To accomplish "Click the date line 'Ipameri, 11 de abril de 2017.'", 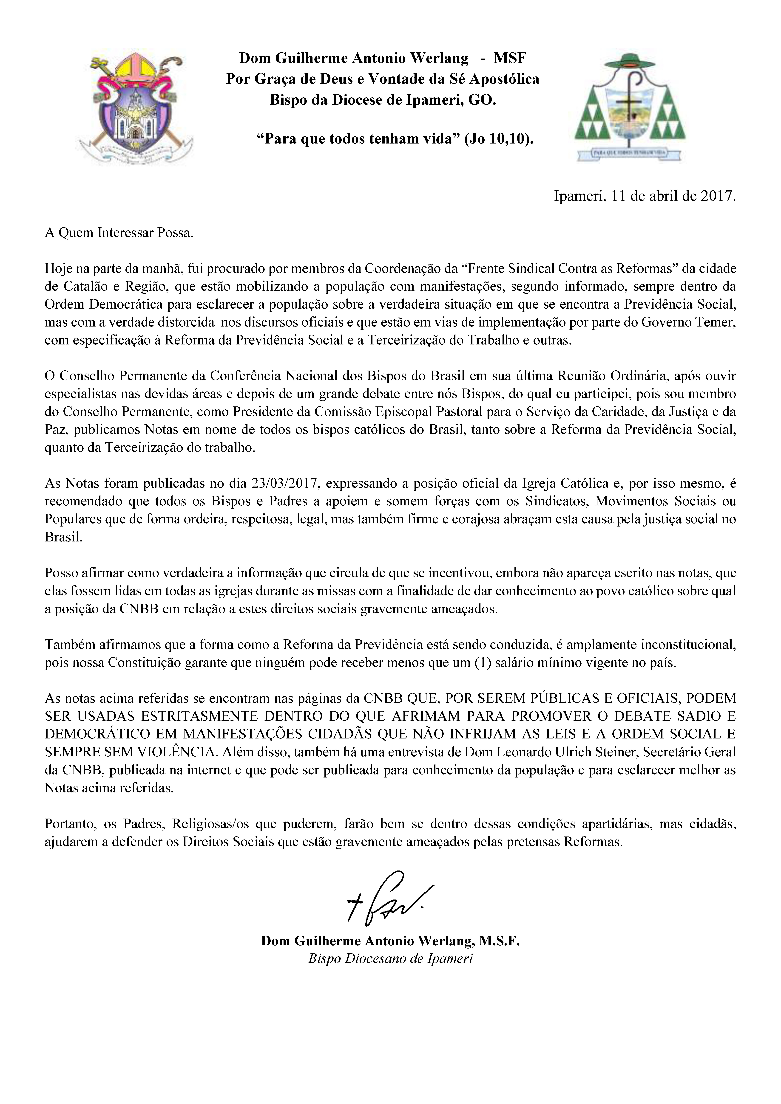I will (645, 196).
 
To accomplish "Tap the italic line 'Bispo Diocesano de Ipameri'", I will (390, 958).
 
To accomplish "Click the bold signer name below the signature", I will (390, 941).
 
